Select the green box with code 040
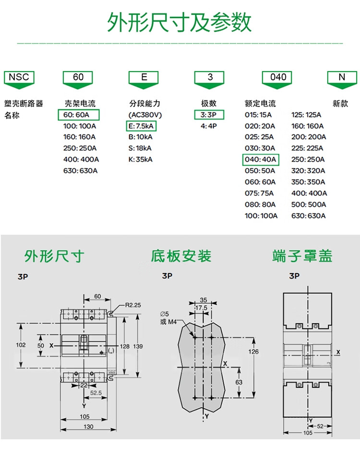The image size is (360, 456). coord(278,77)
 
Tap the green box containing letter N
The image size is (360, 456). coord(341,77)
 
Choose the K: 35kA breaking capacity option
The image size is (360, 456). coord(140,159)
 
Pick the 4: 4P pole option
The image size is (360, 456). coord(209,126)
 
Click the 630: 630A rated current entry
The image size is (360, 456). coord(308,216)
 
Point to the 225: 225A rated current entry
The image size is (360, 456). coord(308,148)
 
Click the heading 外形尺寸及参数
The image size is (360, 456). coord(180,23)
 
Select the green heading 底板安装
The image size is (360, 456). coord(181,256)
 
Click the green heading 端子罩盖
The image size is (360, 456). coord(302,256)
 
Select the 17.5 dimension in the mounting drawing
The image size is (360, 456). coord(202,308)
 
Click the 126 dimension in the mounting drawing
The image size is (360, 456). coord(253,352)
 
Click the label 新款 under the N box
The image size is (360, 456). coord(340,104)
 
